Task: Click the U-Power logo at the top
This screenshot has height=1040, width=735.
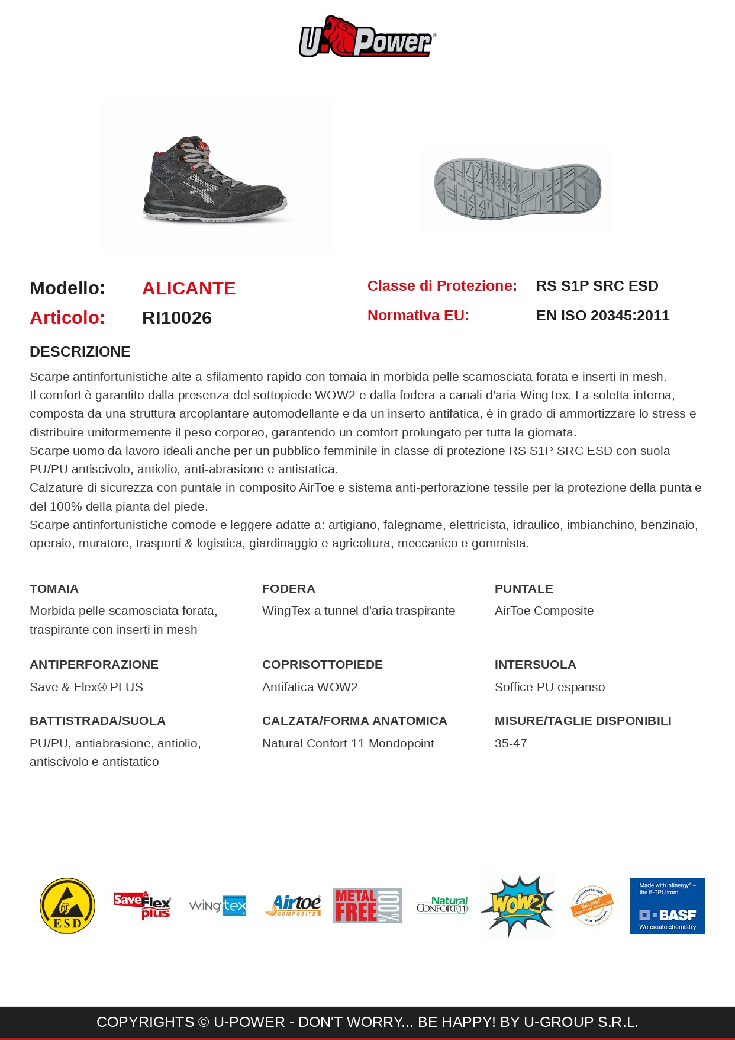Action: [367, 37]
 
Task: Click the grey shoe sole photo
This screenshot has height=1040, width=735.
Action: [517, 190]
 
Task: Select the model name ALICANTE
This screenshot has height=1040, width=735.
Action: [189, 288]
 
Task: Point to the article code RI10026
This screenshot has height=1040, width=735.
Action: [177, 318]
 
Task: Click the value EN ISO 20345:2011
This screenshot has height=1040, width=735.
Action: [602, 316]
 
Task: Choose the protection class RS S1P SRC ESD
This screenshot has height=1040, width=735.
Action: [597, 286]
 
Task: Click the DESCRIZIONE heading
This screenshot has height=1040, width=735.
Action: [80, 352]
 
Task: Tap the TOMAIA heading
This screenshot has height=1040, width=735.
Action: [54, 589]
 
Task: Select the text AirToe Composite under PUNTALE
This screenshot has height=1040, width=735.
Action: [544, 611]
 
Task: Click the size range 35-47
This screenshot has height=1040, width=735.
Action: [511, 743]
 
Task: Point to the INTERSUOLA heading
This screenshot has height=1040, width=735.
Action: [535, 665]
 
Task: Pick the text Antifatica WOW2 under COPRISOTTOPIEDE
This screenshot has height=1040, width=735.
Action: [310, 687]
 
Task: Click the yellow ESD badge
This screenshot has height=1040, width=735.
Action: [67, 906]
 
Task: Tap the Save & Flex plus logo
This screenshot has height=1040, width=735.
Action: [142, 906]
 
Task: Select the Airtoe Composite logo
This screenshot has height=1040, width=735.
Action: [293, 906]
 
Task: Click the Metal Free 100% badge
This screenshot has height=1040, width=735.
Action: [367, 906]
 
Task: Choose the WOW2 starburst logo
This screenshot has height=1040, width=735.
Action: [517, 906]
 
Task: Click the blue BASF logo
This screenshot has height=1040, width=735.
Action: [667, 906]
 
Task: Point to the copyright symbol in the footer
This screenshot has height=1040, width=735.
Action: [204, 1022]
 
